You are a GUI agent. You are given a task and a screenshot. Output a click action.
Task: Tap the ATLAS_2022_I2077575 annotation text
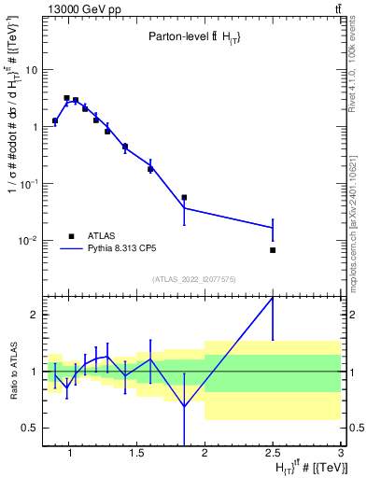tap(194, 278)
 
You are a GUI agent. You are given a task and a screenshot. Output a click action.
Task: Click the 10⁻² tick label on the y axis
tap(27, 241)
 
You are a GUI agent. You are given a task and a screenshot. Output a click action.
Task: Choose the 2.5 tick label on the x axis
tap(273, 454)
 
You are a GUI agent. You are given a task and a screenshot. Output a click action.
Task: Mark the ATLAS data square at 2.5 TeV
tap(273, 250)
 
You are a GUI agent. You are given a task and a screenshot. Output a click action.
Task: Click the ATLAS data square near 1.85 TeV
tap(184, 198)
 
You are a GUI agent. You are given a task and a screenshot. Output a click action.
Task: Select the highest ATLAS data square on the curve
tap(66, 98)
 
